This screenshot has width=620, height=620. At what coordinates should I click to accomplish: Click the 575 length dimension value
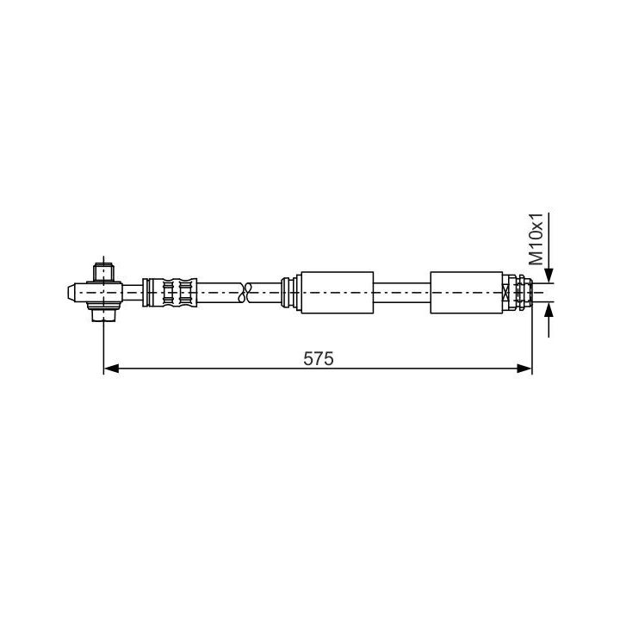point(319,358)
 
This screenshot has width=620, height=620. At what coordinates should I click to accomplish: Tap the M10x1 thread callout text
point(536,239)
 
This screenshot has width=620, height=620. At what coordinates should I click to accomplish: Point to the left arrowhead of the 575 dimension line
point(111,369)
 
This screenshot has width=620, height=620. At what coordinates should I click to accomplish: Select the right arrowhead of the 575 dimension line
point(524,369)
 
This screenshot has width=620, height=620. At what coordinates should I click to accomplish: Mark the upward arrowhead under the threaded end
point(549,311)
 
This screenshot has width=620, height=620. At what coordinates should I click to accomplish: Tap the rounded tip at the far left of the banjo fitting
point(71,293)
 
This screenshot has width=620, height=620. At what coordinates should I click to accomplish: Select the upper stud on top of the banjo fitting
point(103,272)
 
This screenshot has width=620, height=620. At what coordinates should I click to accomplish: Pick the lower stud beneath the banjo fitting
point(103,315)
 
